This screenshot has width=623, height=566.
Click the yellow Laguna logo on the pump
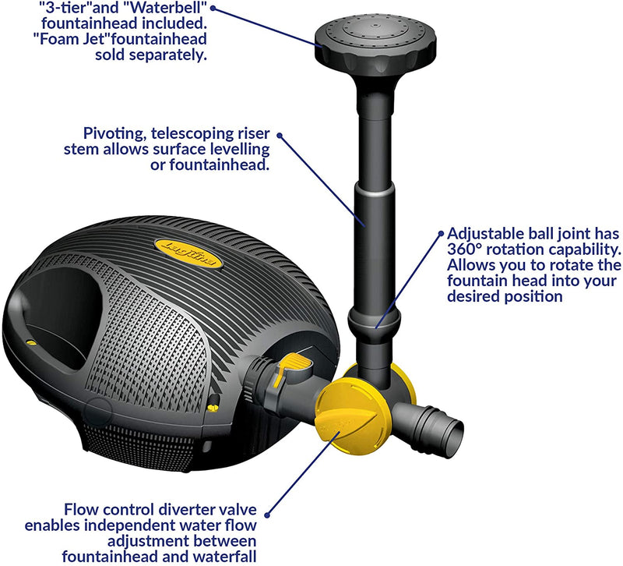(188, 253)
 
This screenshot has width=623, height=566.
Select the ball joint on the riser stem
(374, 320)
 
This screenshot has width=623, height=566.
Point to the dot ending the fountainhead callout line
(213, 8)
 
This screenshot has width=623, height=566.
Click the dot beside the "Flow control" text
(267, 515)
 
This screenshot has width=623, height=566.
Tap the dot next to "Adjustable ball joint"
(440, 233)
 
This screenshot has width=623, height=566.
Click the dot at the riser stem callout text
(280, 135)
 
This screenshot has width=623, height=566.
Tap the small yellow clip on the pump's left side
(30, 341)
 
